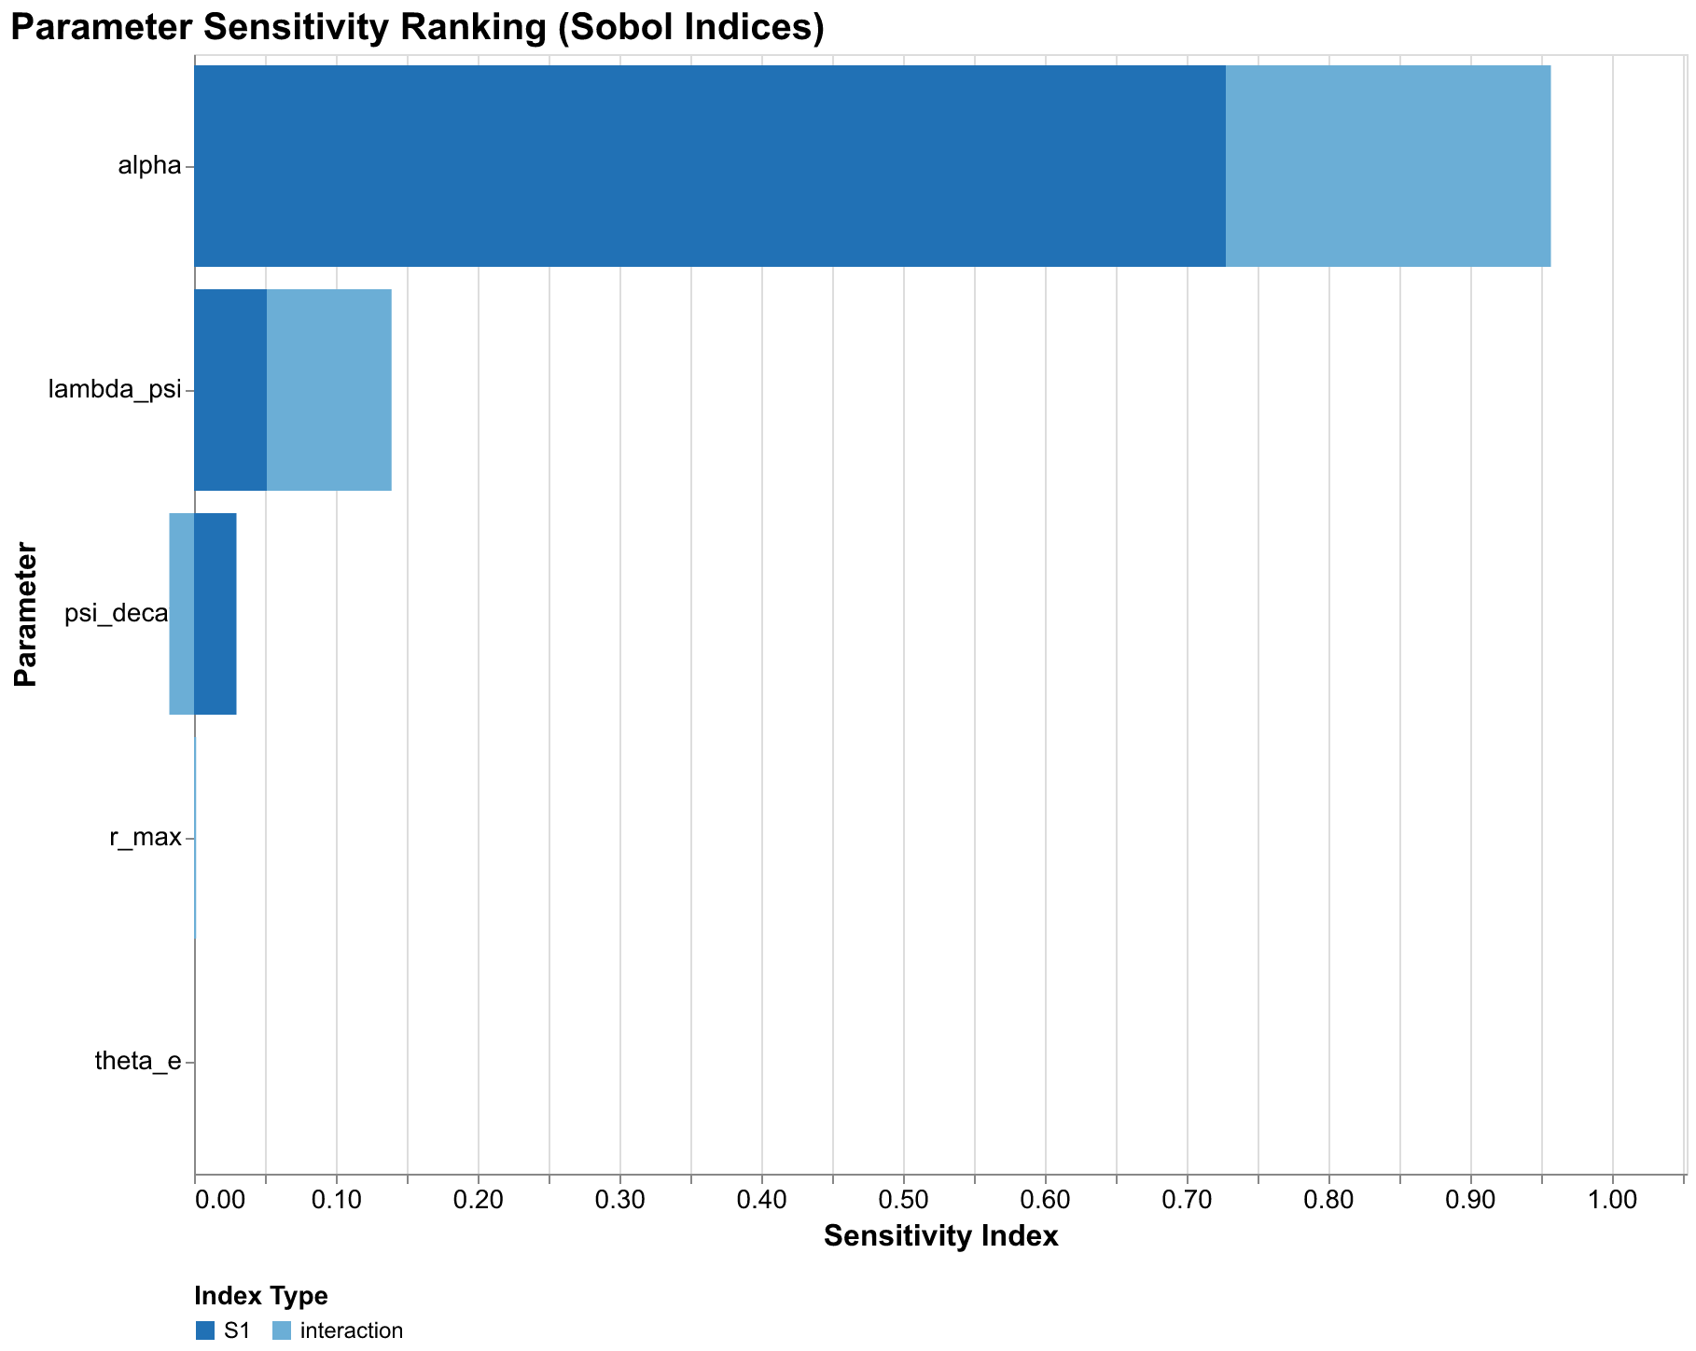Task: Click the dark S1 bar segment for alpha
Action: tap(709, 166)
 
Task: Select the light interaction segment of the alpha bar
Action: tap(1387, 166)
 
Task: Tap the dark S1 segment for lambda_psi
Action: tap(230, 390)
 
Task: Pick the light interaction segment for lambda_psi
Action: tap(328, 390)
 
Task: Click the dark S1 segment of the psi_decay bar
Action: tap(215, 614)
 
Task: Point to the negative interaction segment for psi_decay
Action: tap(182, 614)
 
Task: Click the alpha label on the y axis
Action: tap(149, 167)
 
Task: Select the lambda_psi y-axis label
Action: tap(114, 391)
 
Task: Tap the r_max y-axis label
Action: tap(145, 839)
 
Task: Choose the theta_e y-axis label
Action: tap(138, 1063)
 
